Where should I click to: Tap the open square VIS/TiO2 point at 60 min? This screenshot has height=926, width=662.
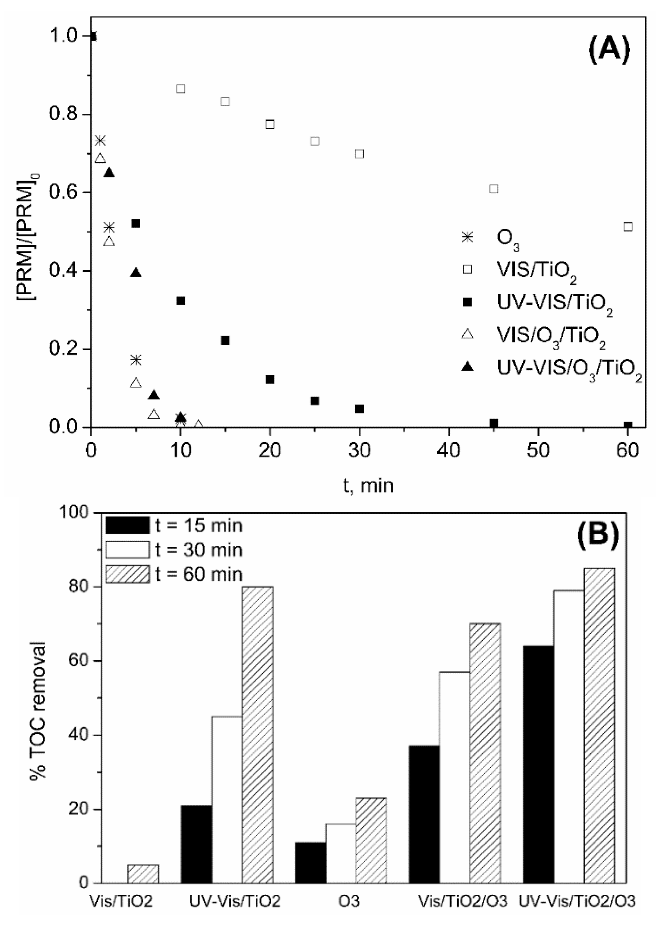click(628, 226)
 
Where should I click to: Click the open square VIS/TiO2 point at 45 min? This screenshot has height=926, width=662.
click(494, 189)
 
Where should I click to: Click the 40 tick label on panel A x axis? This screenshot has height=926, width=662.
click(448, 451)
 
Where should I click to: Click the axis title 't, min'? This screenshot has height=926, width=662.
click(368, 486)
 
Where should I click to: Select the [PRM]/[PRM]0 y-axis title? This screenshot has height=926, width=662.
click(29, 236)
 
